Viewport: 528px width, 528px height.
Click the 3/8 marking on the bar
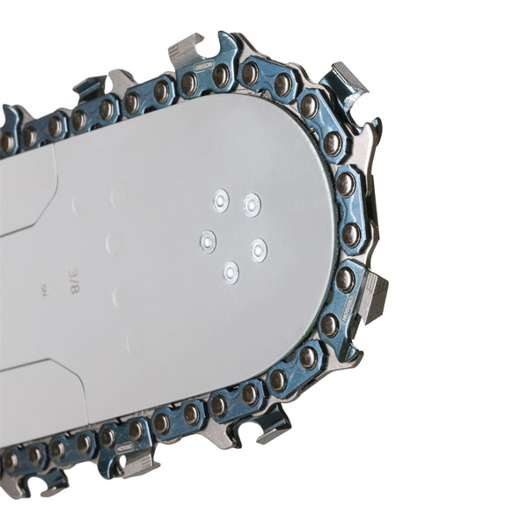click(x=73, y=279)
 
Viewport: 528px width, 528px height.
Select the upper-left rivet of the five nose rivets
click(x=221, y=201)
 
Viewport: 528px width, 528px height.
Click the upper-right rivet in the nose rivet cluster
click(x=252, y=204)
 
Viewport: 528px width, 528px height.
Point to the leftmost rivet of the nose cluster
click(x=208, y=240)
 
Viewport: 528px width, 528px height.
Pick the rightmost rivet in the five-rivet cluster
click(x=258, y=249)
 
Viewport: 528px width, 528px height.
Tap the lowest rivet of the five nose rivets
click(x=230, y=272)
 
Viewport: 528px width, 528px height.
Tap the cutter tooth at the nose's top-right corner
click(x=348, y=84)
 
